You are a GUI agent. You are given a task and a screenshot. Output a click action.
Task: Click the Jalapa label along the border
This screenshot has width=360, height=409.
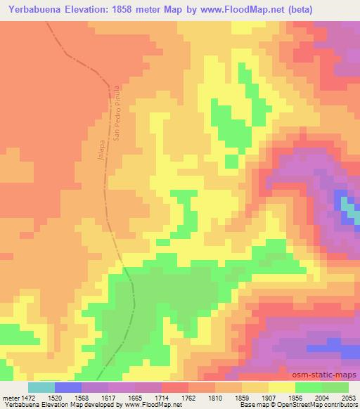[101, 150]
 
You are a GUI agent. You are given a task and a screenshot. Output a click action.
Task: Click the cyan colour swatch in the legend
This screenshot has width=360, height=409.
[41, 387]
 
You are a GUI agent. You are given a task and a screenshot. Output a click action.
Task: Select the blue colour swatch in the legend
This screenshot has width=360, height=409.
[68, 387]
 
